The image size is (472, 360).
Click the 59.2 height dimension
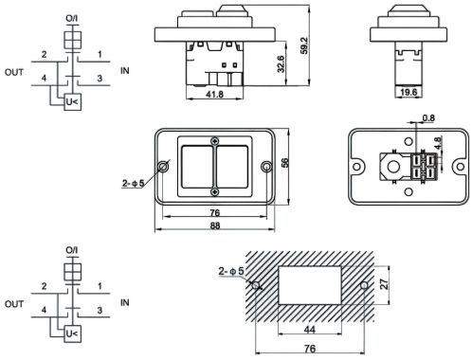point(303,45)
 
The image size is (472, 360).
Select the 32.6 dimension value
point(281,64)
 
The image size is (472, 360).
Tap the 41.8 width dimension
point(214,94)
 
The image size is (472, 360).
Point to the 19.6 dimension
point(408,92)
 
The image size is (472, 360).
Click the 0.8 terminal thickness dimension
point(428,118)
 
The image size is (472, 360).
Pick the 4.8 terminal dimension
point(438,143)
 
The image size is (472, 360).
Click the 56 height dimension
point(284,163)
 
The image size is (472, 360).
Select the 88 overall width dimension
point(215,225)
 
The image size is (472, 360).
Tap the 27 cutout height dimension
point(384,284)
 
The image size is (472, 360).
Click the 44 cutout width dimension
point(310,330)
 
